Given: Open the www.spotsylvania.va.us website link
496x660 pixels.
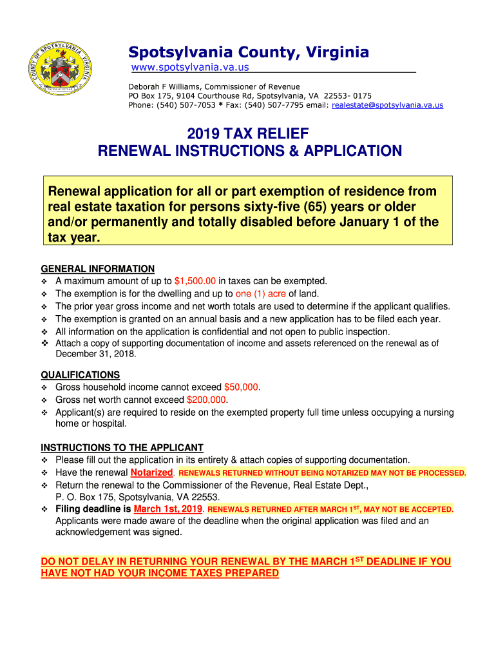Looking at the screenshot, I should click(190, 67).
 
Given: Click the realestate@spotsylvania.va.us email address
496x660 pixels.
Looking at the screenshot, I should click(387, 104).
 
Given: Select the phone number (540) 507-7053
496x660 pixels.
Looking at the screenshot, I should click(186, 104).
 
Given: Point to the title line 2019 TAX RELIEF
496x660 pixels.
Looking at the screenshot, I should click(248, 134).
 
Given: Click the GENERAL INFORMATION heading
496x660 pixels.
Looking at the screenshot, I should click(97, 269).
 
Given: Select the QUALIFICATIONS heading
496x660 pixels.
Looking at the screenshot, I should click(80, 375).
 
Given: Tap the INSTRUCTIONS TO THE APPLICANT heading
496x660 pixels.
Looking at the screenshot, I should click(122, 448).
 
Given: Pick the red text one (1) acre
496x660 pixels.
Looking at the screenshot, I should click(262, 294).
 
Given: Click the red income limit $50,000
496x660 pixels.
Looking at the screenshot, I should click(241, 387).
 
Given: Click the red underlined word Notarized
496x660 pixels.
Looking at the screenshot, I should click(152, 472).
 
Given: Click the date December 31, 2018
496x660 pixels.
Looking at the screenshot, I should click(92, 354).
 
